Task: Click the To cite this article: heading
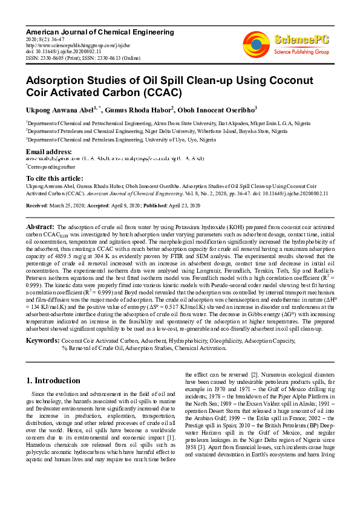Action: coord(54,178)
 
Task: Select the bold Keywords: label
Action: coord(42,341)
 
